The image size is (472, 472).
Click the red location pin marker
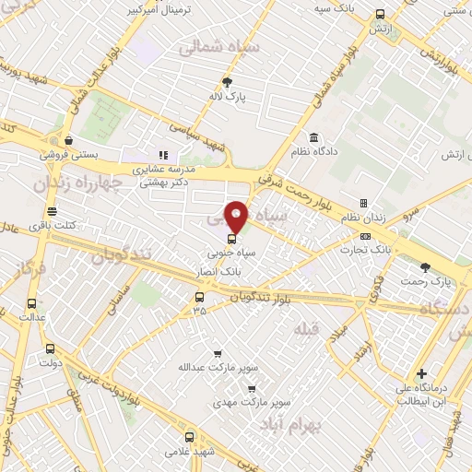click(237, 216)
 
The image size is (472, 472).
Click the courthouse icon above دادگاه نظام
click(313, 136)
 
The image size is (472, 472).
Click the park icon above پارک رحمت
click(425, 266)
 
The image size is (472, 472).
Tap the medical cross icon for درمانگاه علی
click(421, 373)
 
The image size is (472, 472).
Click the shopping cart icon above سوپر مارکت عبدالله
click(218, 353)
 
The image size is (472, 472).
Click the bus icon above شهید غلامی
click(190, 438)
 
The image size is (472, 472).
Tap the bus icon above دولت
click(50, 349)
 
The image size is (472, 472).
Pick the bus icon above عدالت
click(32, 302)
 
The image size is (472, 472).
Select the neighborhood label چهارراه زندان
click(77, 184)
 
